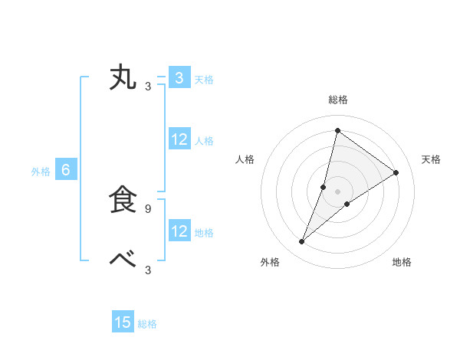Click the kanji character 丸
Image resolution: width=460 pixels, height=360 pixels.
click(x=123, y=78)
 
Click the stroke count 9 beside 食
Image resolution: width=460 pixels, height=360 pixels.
click(x=148, y=208)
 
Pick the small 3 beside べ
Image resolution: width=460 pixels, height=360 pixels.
click(x=148, y=270)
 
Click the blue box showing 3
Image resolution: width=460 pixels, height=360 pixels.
click(x=179, y=78)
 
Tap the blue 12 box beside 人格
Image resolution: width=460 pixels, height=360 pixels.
click(x=179, y=140)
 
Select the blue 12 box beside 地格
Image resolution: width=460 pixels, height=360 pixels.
click(x=179, y=231)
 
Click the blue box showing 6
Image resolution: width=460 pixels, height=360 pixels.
click(x=66, y=171)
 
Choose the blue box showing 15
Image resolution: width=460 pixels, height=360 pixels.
click(x=123, y=322)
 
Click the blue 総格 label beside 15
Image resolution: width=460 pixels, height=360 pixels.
click(x=147, y=324)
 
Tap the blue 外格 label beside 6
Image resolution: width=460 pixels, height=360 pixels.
click(x=41, y=172)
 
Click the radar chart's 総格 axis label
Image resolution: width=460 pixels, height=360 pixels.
click(x=337, y=100)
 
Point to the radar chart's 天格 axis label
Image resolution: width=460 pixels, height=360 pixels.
click(x=431, y=159)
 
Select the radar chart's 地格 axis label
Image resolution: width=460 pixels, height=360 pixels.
click(x=402, y=262)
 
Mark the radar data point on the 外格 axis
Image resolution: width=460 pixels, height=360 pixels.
click(x=302, y=242)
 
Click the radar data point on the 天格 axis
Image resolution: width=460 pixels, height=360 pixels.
click(x=396, y=173)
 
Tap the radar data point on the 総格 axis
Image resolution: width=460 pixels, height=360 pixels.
click(x=337, y=130)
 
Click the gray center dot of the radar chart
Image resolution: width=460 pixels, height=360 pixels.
click(x=337, y=191)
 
